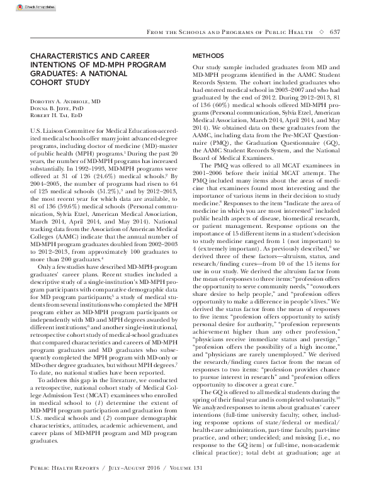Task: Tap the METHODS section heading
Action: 208,56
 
